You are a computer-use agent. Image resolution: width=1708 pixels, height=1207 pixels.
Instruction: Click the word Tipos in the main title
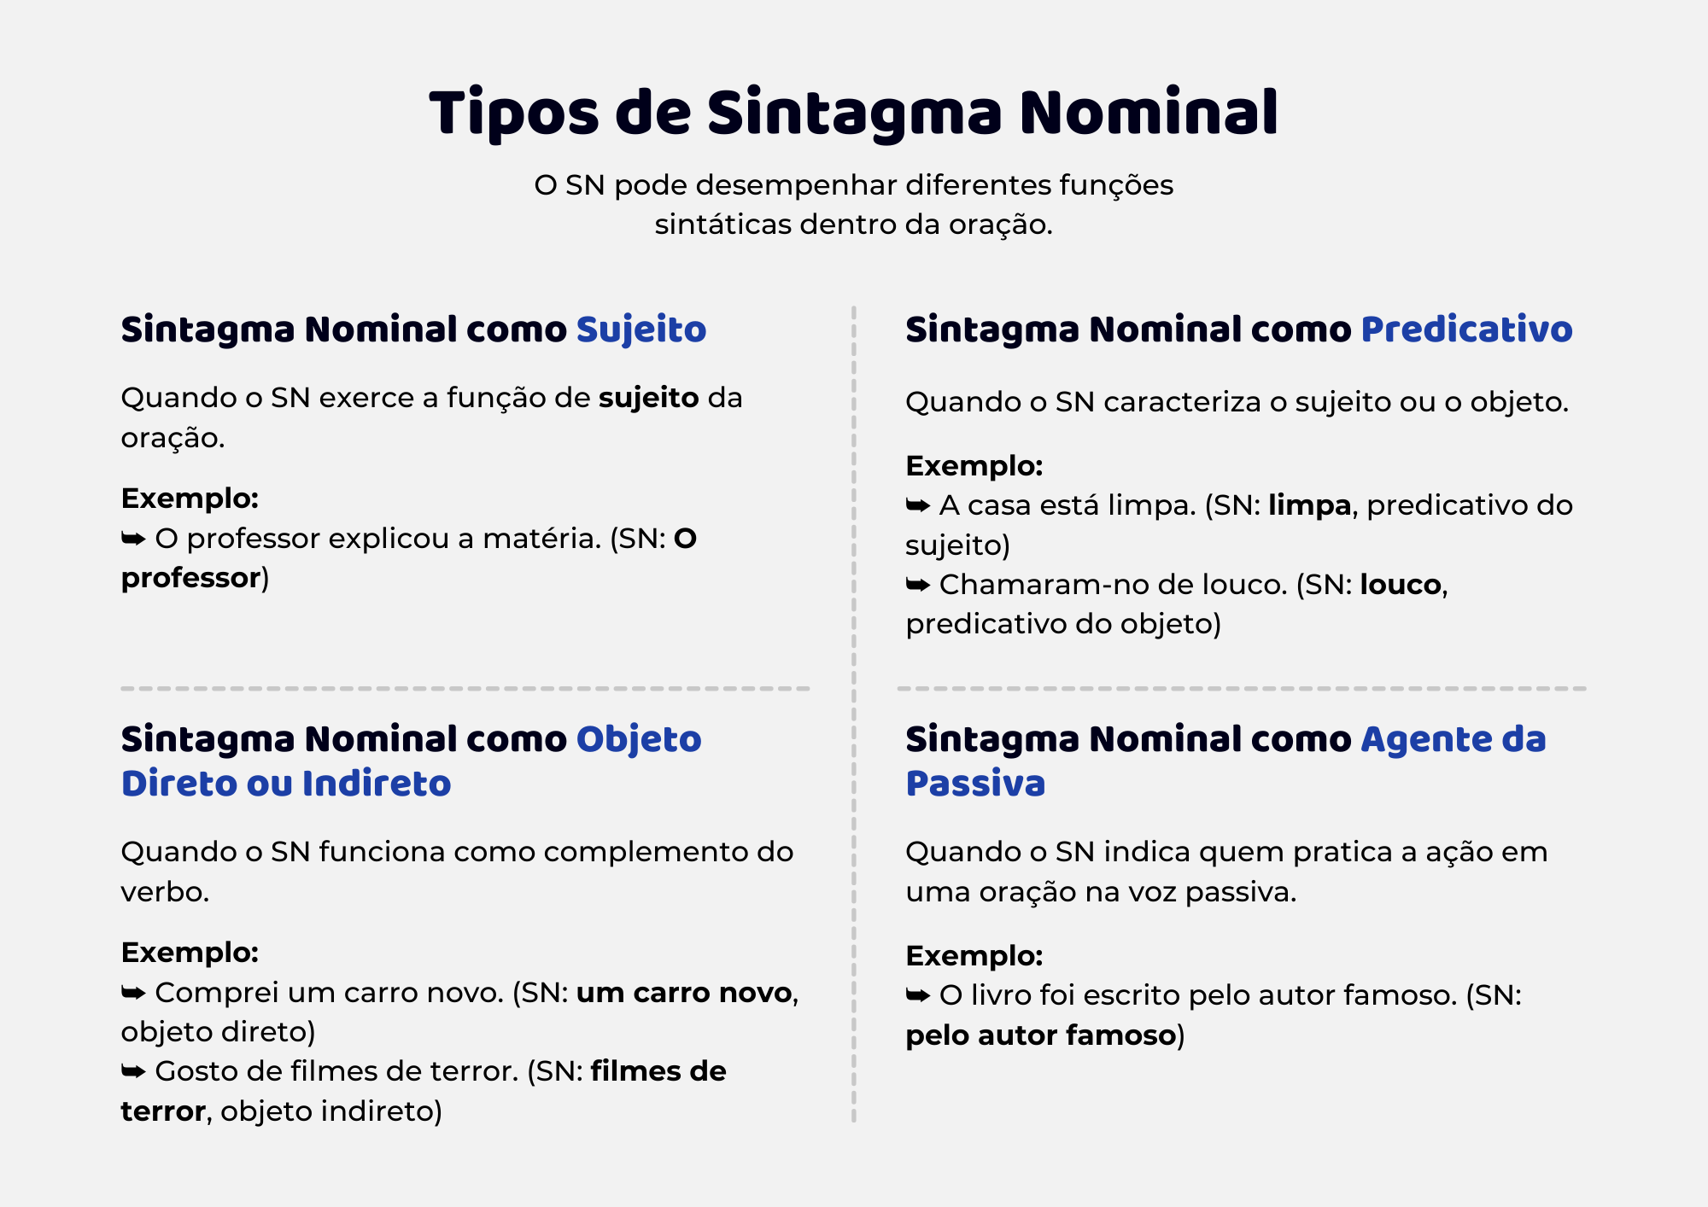click(x=514, y=114)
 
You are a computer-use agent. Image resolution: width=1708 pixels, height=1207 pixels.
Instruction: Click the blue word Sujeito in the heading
click(x=641, y=330)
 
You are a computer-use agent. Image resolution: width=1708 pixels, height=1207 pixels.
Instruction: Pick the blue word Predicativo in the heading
click(x=1466, y=330)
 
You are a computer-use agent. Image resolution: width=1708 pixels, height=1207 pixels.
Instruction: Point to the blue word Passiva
click(x=975, y=784)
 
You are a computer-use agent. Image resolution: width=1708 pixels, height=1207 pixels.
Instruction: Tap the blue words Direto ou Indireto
click(x=286, y=784)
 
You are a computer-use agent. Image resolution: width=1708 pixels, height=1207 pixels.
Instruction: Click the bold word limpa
click(x=1309, y=506)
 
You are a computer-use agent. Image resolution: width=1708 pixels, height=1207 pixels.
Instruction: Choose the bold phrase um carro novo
click(x=684, y=993)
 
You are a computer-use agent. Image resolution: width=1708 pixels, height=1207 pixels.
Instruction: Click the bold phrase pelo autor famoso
click(x=1041, y=1035)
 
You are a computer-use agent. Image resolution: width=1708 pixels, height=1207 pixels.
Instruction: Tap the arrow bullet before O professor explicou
click(x=133, y=539)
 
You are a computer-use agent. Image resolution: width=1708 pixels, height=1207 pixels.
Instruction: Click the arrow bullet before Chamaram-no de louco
click(x=918, y=585)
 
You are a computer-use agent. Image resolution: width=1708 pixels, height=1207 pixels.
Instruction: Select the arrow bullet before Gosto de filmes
click(x=133, y=1071)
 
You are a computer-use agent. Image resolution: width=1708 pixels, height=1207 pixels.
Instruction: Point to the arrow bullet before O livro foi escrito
click(x=918, y=995)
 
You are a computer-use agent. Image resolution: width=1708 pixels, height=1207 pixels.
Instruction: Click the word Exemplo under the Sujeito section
click(x=190, y=499)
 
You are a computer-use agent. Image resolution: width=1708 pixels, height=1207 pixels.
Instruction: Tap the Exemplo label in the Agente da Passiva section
click(x=974, y=956)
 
